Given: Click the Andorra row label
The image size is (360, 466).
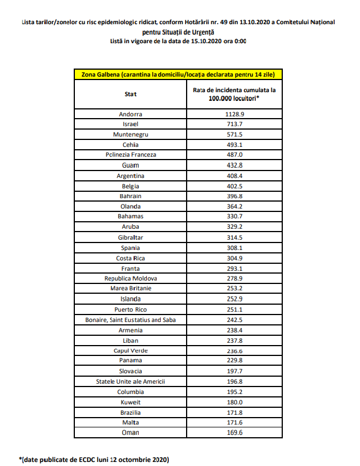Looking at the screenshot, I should (130, 114).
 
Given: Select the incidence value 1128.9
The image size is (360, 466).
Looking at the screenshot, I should (234, 114).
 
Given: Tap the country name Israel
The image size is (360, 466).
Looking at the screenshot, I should (130, 124).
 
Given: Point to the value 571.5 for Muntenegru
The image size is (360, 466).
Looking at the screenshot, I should (234, 134).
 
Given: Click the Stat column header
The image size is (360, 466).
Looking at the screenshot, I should (130, 94).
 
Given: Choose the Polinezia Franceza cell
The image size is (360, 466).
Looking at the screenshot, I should (130, 155).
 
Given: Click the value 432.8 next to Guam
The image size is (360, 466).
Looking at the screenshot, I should (234, 165).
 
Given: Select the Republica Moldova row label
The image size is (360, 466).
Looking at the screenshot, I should (130, 278).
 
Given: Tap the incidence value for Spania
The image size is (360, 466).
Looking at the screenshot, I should (234, 248).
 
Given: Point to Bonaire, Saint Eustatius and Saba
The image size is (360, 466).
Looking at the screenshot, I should (130, 320).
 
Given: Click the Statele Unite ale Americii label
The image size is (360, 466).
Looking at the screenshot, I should (130, 381).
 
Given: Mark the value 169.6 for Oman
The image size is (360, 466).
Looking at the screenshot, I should (234, 433).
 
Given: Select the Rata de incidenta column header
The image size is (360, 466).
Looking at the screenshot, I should (234, 94).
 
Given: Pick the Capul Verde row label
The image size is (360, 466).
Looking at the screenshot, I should (130, 350).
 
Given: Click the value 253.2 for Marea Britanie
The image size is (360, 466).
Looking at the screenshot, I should (234, 289).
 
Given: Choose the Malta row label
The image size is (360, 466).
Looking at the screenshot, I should (130, 422).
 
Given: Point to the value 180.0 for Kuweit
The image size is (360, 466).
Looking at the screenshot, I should (234, 402).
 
